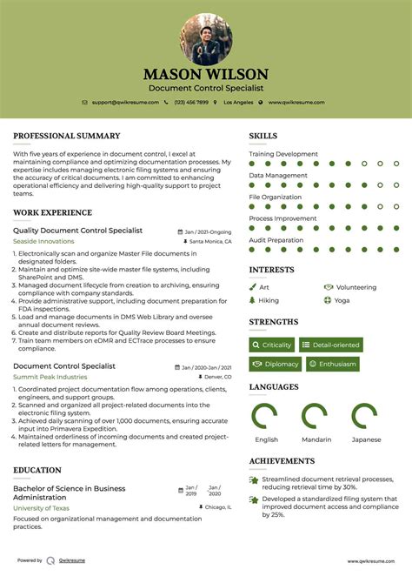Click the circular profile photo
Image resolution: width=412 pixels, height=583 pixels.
[x=206, y=39]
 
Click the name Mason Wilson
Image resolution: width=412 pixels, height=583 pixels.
[x=206, y=75]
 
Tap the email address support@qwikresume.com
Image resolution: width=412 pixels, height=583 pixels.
[x=126, y=102]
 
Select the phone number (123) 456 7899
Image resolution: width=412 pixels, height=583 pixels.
[x=190, y=102]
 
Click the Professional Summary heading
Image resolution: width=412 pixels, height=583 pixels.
[x=66, y=136]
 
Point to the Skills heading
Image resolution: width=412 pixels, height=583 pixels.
[x=263, y=136]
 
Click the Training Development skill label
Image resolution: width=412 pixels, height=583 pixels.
[x=283, y=154]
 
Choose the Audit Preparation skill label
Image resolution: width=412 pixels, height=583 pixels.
[x=276, y=239]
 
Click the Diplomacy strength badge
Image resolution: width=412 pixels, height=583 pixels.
[x=275, y=364]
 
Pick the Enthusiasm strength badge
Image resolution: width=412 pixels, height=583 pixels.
[x=332, y=364]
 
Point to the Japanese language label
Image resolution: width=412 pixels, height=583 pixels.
[x=366, y=439]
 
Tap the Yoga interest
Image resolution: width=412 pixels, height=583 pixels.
[x=342, y=300]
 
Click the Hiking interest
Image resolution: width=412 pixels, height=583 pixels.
[x=269, y=300]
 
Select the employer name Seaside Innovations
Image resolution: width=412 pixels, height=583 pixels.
[x=43, y=241]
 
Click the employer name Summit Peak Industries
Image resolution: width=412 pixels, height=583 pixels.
[x=50, y=377]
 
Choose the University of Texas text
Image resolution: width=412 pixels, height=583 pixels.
[x=41, y=507]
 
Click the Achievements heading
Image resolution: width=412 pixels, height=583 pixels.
[x=282, y=461]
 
